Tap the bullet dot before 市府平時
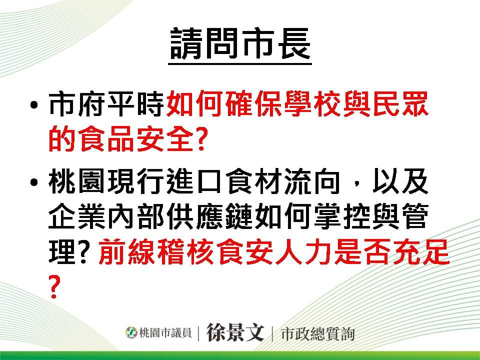[x=34, y=105]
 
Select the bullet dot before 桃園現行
[x=34, y=182]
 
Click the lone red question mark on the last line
[x=53, y=286]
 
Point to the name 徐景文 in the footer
[x=235, y=332]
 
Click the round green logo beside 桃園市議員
[x=131, y=332]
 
